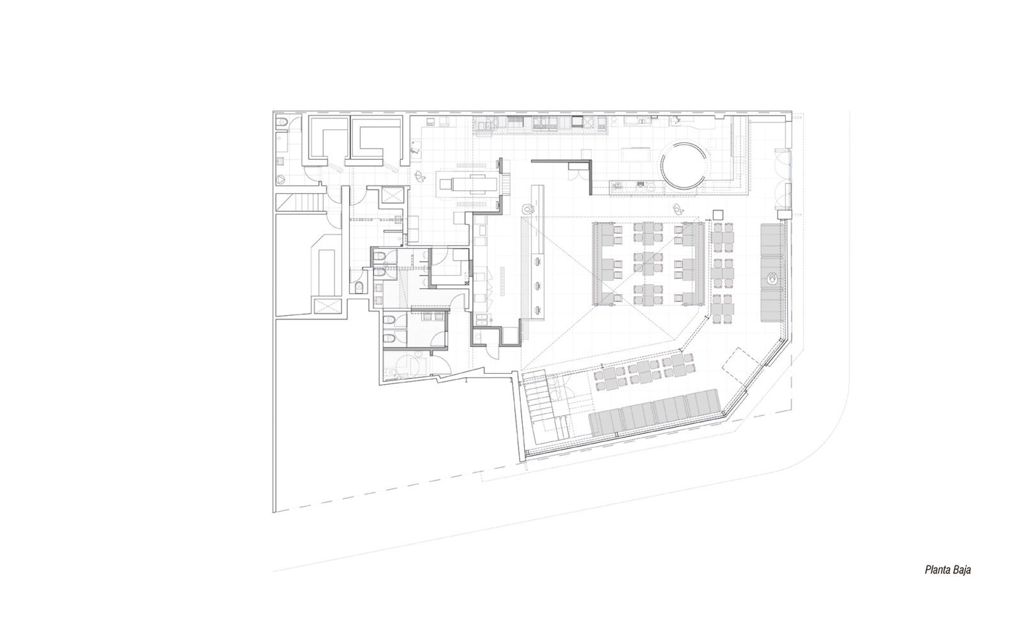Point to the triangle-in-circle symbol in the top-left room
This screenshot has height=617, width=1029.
(280, 179)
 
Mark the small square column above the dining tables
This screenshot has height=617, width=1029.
(718, 214)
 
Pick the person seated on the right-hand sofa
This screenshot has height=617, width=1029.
(771, 278)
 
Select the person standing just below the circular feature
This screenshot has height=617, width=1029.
(677, 209)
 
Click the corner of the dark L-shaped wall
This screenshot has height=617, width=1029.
(589, 161)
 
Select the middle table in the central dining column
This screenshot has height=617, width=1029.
(649, 261)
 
